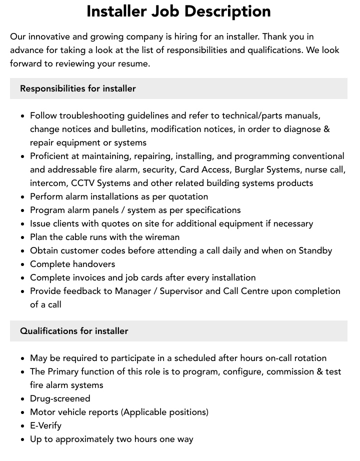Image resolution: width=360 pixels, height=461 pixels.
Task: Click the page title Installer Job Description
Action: [x=178, y=11]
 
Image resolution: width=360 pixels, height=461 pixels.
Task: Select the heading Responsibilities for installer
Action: [x=78, y=88]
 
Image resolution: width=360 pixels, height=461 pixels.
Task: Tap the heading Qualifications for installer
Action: [x=74, y=331]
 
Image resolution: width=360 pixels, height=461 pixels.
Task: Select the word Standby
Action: [x=315, y=250]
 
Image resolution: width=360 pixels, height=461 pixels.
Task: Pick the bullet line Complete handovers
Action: [x=72, y=264]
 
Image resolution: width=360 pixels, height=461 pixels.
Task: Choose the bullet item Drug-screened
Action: [x=60, y=398]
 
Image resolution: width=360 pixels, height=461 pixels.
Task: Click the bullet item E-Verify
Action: [x=45, y=425]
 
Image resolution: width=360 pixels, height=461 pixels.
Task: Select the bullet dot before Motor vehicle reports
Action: [x=23, y=412]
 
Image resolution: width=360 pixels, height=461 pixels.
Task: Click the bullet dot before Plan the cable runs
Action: [x=23, y=237]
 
